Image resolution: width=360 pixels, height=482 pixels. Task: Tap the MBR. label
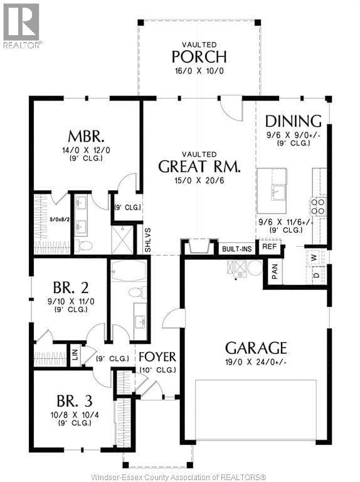86,137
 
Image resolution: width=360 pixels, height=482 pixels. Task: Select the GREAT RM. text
199,166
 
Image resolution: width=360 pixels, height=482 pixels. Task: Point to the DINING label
293,121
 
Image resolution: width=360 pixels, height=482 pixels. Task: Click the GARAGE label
256,348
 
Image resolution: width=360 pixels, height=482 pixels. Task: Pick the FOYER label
157,356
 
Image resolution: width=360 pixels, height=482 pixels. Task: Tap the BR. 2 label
70,288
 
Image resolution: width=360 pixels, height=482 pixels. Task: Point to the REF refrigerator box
269,247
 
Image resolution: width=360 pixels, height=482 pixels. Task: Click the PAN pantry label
275,271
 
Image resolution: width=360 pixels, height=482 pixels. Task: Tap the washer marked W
315,257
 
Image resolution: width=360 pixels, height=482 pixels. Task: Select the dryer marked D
315,274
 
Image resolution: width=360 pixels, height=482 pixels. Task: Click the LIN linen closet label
75,353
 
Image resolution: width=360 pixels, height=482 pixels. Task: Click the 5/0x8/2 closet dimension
51,220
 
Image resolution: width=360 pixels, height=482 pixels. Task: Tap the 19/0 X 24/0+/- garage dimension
256,365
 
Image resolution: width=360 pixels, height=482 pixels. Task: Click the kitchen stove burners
319,206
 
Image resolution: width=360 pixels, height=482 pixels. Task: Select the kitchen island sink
278,191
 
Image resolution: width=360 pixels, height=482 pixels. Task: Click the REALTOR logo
23,25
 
